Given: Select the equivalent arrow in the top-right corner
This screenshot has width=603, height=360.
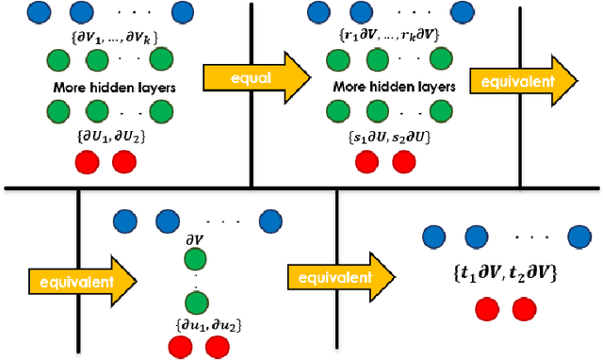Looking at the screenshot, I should point(524,80).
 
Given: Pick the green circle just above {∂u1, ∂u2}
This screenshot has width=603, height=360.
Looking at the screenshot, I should point(196,303).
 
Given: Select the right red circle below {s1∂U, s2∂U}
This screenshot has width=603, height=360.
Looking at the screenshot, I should point(403,162).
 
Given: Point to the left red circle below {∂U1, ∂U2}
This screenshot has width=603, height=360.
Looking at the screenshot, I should point(91,162).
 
